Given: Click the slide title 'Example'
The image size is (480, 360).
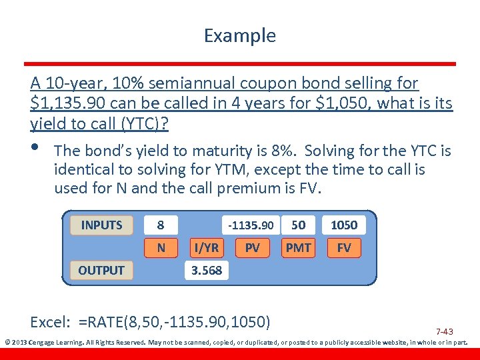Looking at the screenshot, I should pyautogui.click(x=239, y=35).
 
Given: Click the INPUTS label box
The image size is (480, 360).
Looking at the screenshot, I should pyautogui.click(x=101, y=225).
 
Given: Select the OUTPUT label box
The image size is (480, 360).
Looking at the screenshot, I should pyautogui.click(x=101, y=270).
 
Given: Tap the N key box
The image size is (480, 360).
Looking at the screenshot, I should pyautogui.click(x=161, y=248).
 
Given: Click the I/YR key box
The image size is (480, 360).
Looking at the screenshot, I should pyautogui.click(x=206, y=248).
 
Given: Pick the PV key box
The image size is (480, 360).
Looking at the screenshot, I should pyautogui.click(x=252, y=248).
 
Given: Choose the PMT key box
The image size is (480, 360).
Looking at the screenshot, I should pyautogui.click(x=298, y=248).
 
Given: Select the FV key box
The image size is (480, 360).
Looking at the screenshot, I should pyautogui.click(x=344, y=248).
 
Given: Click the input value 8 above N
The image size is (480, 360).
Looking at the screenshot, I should pyautogui.click(x=161, y=225).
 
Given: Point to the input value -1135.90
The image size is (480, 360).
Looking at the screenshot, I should pyautogui.click(x=251, y=225).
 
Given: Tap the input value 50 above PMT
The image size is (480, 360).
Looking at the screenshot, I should pyautogui.click(x=298, y=225).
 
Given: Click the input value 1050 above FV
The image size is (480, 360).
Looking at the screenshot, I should pyautogui.click(x=344, y=225).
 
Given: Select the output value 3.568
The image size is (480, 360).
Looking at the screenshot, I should pyautogui.click(x=206, y=270).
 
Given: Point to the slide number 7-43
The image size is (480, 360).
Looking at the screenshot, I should pyautogui.click(x=444, y=331).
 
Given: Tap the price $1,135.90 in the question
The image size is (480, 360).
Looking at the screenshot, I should pyautogui.click(x=66, y=104).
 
